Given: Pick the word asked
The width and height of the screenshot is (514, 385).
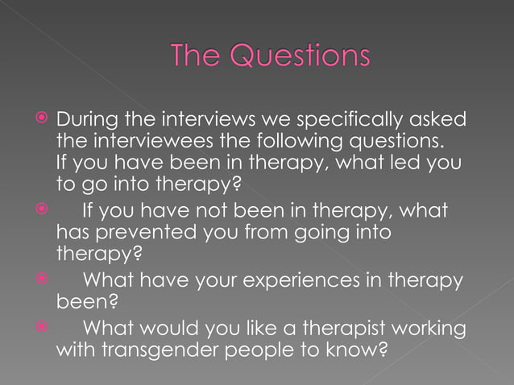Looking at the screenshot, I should coord(439,119).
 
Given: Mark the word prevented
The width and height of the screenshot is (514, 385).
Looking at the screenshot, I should coord(145,234).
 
